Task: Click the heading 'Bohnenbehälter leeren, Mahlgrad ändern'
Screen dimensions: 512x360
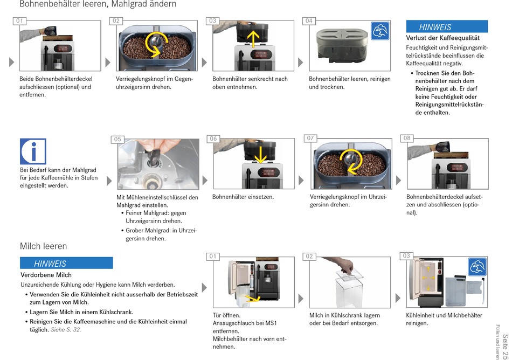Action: (98, 5)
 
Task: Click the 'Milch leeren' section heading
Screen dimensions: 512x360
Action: (44, 246)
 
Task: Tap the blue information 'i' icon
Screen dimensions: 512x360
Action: (33, 151)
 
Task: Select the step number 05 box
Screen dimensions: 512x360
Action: (117, 140)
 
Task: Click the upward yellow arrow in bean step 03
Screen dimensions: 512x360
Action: (253, 38)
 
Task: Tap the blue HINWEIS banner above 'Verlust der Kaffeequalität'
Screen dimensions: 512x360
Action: (446, 27)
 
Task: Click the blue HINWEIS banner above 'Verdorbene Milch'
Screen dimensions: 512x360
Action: (66, 263)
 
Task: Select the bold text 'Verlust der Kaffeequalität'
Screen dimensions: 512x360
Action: (442, 38)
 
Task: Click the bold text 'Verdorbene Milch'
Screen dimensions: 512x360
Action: (46, 275)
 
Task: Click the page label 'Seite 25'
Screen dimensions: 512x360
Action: (505, 345)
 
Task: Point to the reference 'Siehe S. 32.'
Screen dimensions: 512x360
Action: (66, 330)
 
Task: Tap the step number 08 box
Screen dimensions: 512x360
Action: (407, 139)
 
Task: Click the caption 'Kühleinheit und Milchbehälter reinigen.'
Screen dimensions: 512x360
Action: (444, 319)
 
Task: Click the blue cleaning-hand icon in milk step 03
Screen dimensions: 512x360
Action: (477, 267)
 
